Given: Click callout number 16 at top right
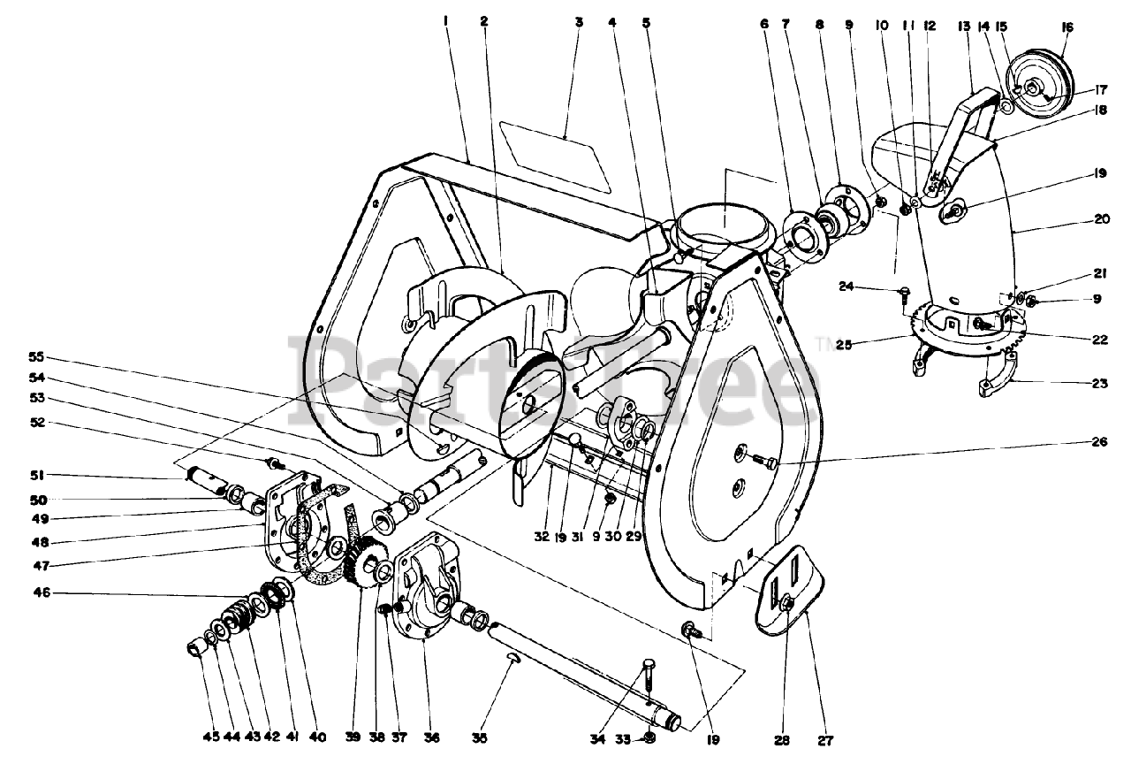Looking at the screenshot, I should (1066, 27).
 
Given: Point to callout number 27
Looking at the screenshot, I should (826, 740).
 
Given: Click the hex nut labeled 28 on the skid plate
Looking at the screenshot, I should (786, 604).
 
